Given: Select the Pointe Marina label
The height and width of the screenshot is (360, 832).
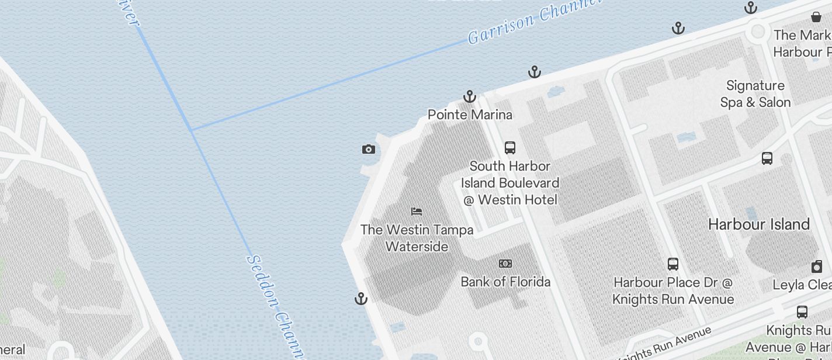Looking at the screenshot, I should (470, 115).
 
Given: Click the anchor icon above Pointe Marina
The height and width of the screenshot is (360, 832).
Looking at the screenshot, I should (470, 96).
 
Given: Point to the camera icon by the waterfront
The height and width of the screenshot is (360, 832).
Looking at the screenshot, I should (368, 150).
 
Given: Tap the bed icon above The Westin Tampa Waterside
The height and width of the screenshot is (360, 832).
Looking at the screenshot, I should (417, 212).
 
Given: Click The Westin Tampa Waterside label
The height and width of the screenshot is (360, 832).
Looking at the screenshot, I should (417, 238).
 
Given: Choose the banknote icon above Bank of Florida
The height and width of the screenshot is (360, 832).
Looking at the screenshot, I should (505, 264).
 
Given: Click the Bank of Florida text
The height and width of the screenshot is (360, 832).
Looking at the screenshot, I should (505, 282).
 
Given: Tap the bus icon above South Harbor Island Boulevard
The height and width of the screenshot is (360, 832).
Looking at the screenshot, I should (510, 147).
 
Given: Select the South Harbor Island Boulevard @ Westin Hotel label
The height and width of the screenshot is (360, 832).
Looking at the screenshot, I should (510, 183).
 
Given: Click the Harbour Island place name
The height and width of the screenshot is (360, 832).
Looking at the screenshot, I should (758, 224).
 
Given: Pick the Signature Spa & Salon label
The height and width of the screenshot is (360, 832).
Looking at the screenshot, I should (755, 94).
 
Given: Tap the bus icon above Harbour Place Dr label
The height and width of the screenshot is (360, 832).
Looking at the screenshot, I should (673, 264).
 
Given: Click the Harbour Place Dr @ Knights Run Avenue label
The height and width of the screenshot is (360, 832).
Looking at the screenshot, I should (673, 291).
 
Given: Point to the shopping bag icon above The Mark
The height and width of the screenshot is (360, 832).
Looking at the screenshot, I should (816, 17).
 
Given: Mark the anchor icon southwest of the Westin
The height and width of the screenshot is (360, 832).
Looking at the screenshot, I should (361, 299).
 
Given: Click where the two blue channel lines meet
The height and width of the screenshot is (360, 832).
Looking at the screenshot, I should (192, 130).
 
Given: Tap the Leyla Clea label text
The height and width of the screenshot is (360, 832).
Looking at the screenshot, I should (802, 285).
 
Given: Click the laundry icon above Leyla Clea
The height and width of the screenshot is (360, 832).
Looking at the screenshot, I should (817, 267).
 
